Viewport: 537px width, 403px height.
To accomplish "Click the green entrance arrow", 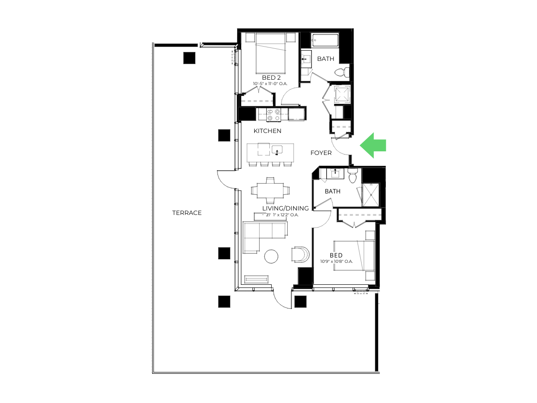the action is (373, 146).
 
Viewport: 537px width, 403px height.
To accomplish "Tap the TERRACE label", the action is (187, 213).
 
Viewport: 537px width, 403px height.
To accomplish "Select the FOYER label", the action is (321, 153).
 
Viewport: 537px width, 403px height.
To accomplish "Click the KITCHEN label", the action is (268, 131).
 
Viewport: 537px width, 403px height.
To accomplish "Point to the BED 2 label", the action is (271, 77).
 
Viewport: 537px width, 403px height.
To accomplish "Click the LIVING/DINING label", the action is (286, 208).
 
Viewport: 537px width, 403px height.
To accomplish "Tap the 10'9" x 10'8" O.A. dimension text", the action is (337, 262).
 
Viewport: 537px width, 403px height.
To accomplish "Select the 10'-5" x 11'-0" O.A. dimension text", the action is (270, 84).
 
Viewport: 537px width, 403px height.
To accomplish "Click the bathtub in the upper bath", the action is (325, 40).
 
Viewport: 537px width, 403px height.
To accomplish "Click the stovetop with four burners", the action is (273, 115).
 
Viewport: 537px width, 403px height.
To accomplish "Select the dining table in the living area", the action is (270, 190).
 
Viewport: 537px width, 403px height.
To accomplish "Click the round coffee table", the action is (271, 256).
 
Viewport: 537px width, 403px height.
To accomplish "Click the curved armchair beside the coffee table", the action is (300, 254).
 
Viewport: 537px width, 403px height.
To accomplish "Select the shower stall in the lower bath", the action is (371, 195).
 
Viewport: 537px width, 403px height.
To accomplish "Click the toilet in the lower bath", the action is (353, 176).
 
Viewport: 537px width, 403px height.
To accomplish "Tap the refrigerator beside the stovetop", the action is (297, 114).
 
